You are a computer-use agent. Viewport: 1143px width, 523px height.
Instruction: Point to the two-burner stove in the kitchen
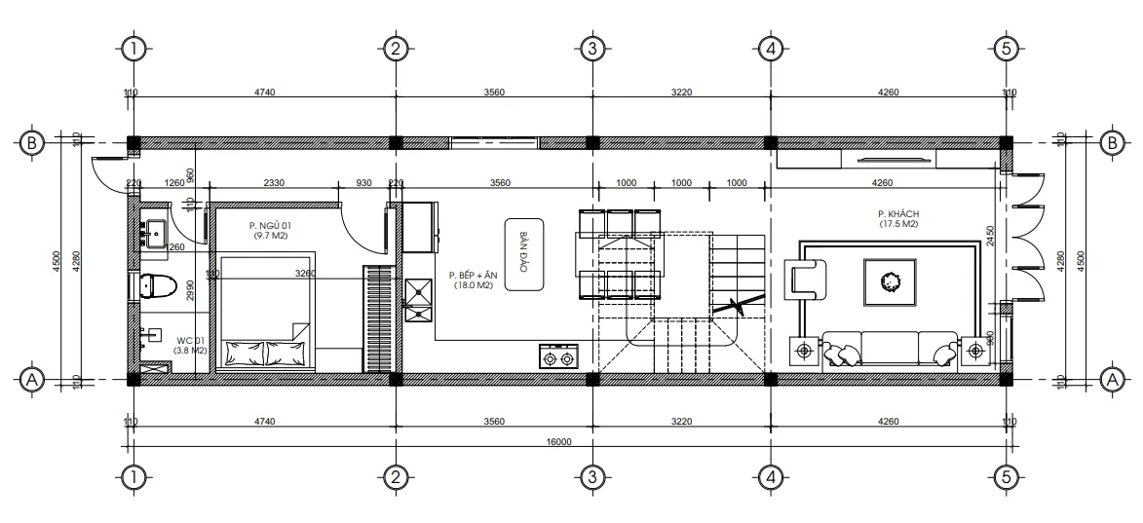point(558,357)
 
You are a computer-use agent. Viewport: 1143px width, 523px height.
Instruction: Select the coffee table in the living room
point(890,281)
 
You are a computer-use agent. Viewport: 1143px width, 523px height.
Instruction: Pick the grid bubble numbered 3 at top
point(591,48)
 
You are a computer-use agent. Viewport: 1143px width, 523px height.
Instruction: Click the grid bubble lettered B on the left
point(31,143)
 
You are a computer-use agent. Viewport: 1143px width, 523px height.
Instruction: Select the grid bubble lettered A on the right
point(1110,379)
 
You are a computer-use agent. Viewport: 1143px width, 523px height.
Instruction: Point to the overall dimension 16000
point(558,441)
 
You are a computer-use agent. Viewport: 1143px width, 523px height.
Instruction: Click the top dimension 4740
point(264,93)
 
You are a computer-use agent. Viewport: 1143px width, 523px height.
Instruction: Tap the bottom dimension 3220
point(680,422)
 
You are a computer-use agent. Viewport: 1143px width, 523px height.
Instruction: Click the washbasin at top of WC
point(153,231)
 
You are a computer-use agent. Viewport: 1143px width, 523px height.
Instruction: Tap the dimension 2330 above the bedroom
point(274,182)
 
